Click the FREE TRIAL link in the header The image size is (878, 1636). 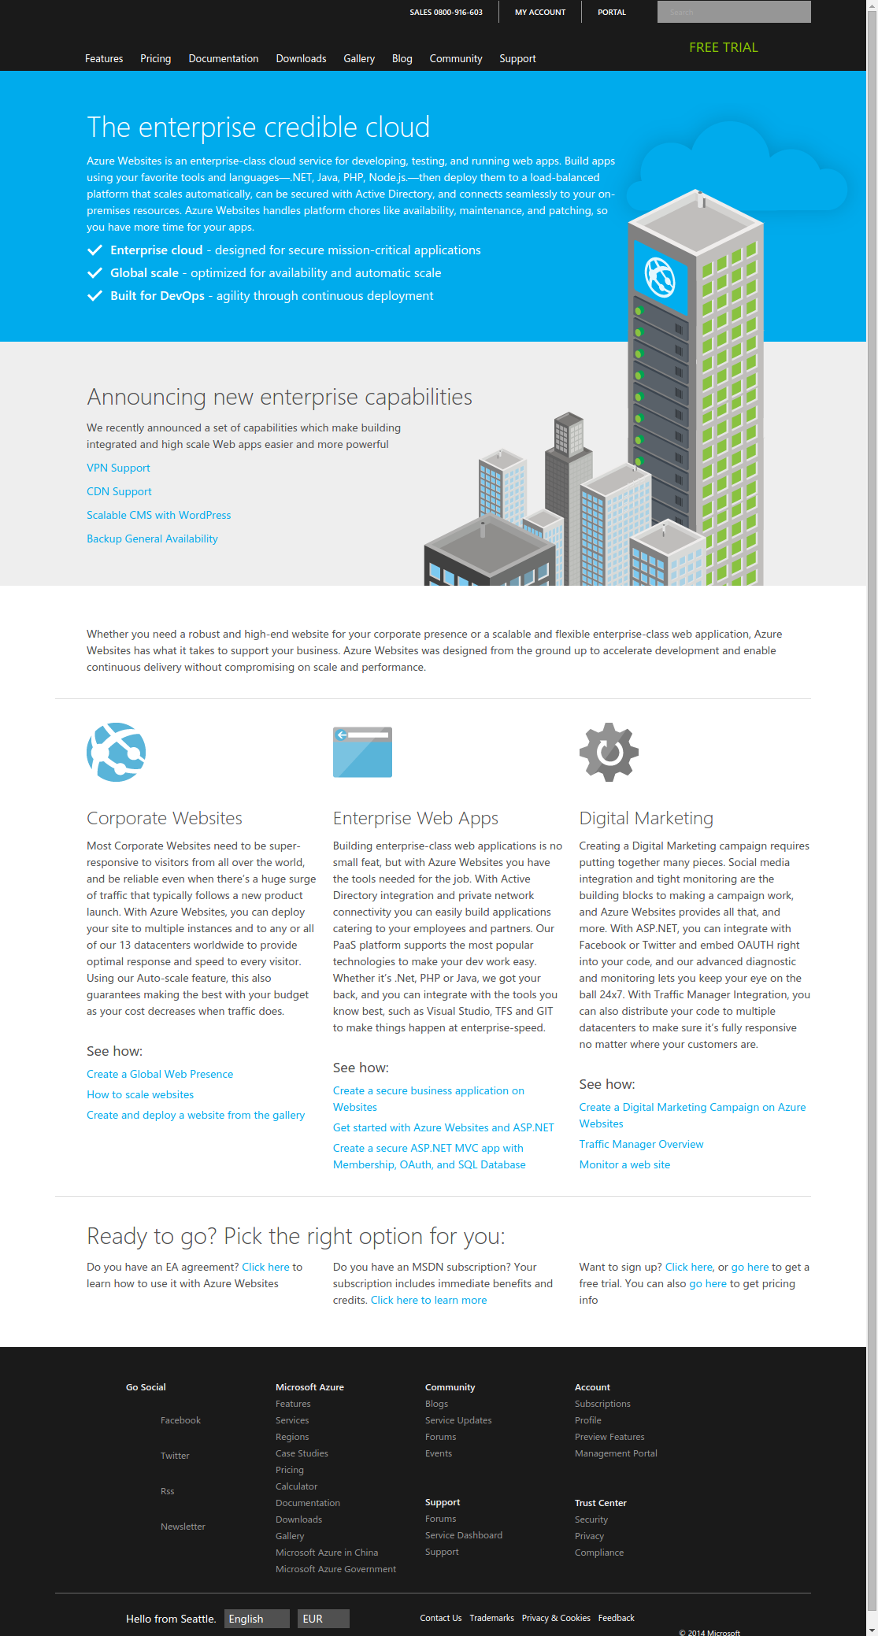(723, 47)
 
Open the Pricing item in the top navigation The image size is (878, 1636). (155, 58)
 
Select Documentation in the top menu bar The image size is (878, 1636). (223, 58)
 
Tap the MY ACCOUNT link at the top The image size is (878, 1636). (540, 12)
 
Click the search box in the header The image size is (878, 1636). (733, 12)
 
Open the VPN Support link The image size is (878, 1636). (118, 468)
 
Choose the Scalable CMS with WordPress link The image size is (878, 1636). (158, 515)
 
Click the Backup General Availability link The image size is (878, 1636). (152, 539)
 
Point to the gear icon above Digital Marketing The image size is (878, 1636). (609, 752)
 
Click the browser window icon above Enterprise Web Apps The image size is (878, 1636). (362, 752)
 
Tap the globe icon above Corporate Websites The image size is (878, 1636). (117, 752)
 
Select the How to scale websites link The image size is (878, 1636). (140, 1094)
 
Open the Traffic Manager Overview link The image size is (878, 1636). (641, 1144)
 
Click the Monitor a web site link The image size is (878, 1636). (624, 1164)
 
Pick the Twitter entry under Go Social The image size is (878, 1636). (175, 1456)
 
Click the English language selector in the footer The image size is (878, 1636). (257, 1619)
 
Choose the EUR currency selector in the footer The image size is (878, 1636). (323, 1619)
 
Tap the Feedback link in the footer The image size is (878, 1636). (616, 1618)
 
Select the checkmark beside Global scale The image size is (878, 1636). (94, 273)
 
